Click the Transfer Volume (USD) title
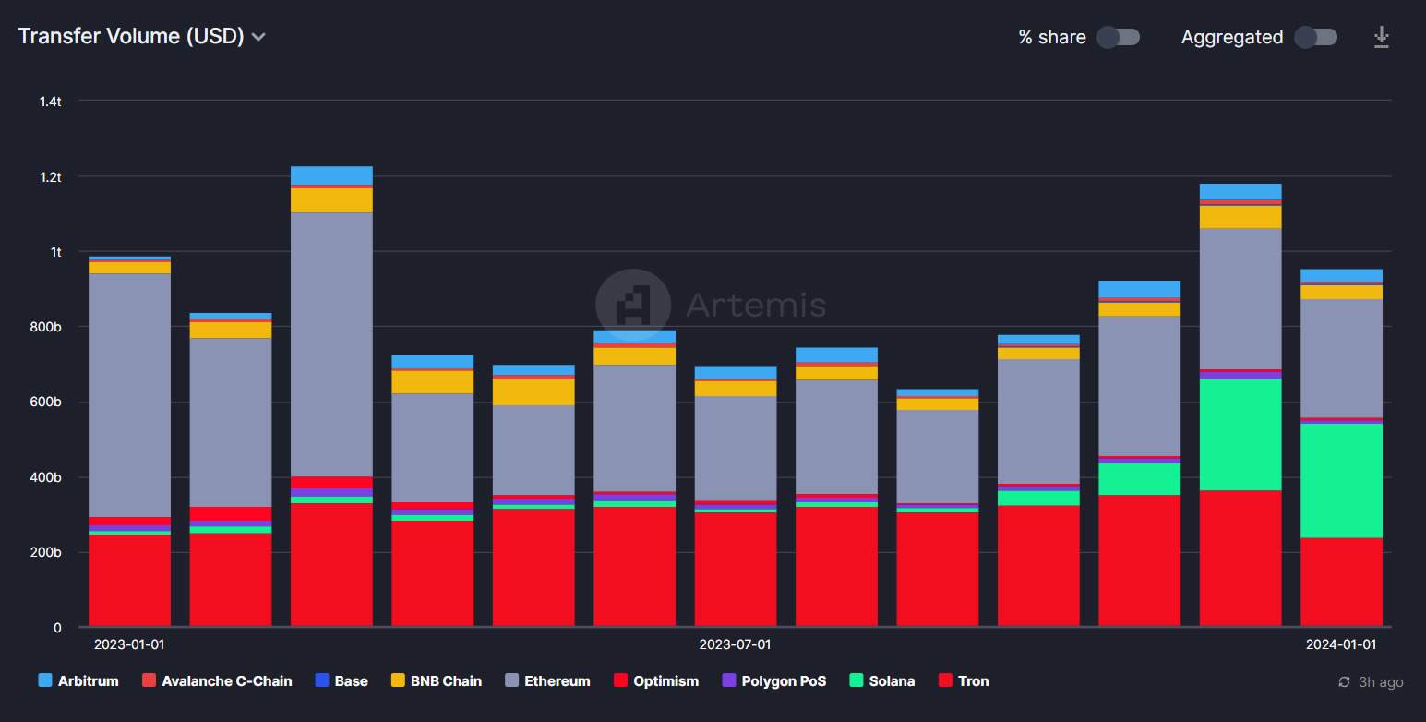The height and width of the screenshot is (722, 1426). pos(130,36)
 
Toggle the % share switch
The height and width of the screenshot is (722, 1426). pos(1118,37)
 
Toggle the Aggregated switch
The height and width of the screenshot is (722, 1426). pos(1315,37)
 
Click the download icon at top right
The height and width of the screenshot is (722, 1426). pos(1381,37)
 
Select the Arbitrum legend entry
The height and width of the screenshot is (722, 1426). pos(78,681)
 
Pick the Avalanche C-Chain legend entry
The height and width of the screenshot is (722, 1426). pos(217,681)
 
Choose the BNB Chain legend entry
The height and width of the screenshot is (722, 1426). pos(437,681)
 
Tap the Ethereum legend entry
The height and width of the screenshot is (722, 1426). pos(547,681)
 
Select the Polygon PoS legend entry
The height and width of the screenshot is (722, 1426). pos(773,681)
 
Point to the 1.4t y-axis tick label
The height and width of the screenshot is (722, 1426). pos(51,101)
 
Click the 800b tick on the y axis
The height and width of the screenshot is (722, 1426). pos(45,327)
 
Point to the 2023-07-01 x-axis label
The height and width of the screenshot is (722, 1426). pos(735,644)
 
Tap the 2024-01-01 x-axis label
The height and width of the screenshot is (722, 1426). pos(1340,644)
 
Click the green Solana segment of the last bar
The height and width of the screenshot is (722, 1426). pos(1341,480)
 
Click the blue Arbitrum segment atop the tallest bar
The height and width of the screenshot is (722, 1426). pos(331,175)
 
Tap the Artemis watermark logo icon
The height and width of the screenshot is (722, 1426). pos(633,305)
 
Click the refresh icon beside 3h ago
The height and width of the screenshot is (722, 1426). pos(1345,682)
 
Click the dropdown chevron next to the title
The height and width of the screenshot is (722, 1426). pos(259,37)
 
